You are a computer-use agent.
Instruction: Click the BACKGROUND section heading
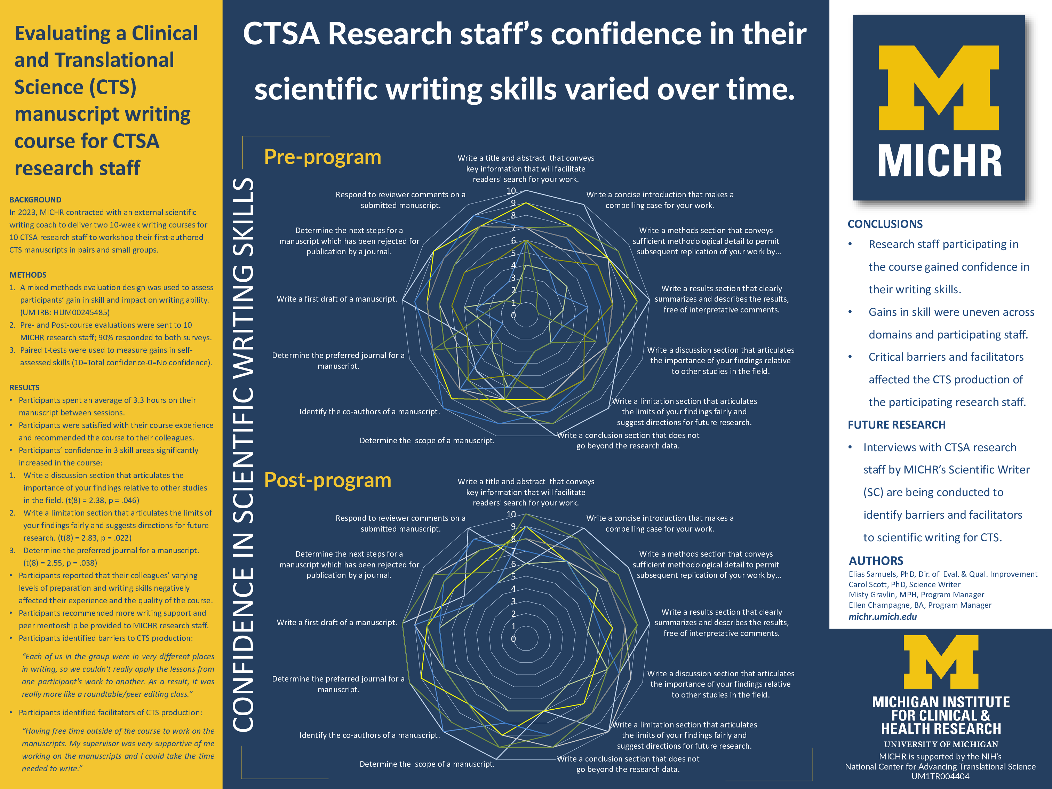coord(35,200)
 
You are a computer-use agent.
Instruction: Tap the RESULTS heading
coord(25,388)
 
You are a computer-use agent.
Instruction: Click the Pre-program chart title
coord(322,157)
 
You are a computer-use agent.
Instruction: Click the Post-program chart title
coord(327,480)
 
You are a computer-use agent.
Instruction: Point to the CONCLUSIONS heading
coord(885,224)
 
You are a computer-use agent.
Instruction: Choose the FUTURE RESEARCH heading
coord(896,425)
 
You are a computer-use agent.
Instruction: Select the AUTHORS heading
coord(876,561)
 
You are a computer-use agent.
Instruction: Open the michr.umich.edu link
coord(883,617)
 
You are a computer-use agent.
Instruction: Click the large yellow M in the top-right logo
coord(939,88)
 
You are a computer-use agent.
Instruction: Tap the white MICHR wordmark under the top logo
coord(940,162)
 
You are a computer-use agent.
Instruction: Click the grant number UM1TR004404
coord(940,776)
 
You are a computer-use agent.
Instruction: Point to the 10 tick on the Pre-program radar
coord(511,191)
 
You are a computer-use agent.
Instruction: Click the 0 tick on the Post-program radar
coord(513,639)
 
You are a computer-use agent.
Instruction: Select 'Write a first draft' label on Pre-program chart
coord(337,299)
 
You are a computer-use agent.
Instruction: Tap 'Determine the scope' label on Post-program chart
coord(427,764)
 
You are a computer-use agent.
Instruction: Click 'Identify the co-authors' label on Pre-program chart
coord(369,412)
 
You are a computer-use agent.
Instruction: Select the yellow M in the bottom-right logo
coord(941,662)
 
